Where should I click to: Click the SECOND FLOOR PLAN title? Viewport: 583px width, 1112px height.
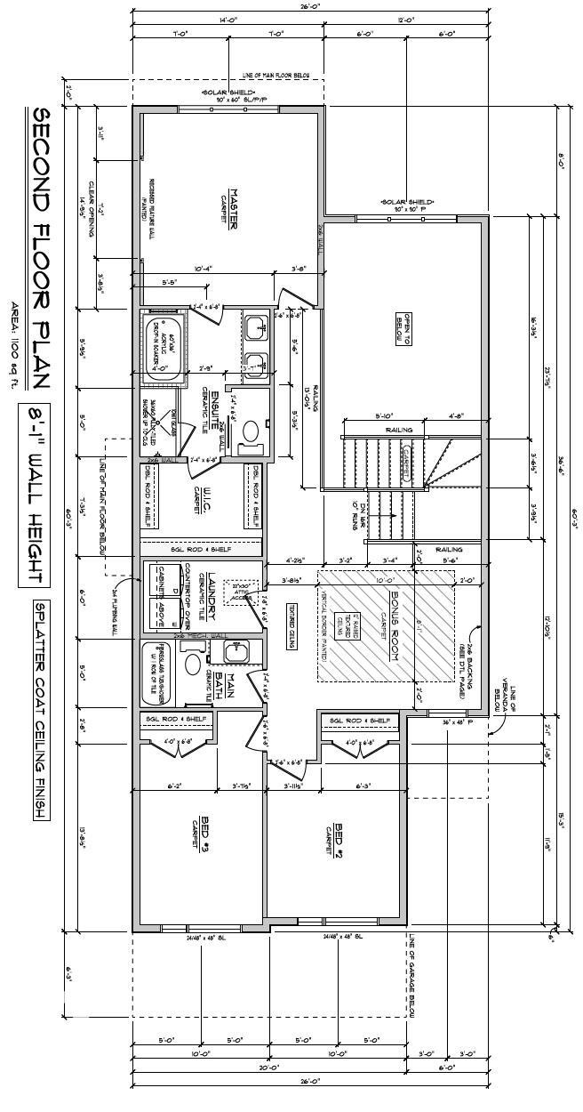pos(40,248)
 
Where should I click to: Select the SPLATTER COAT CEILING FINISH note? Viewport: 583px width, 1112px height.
pos(41,712)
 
